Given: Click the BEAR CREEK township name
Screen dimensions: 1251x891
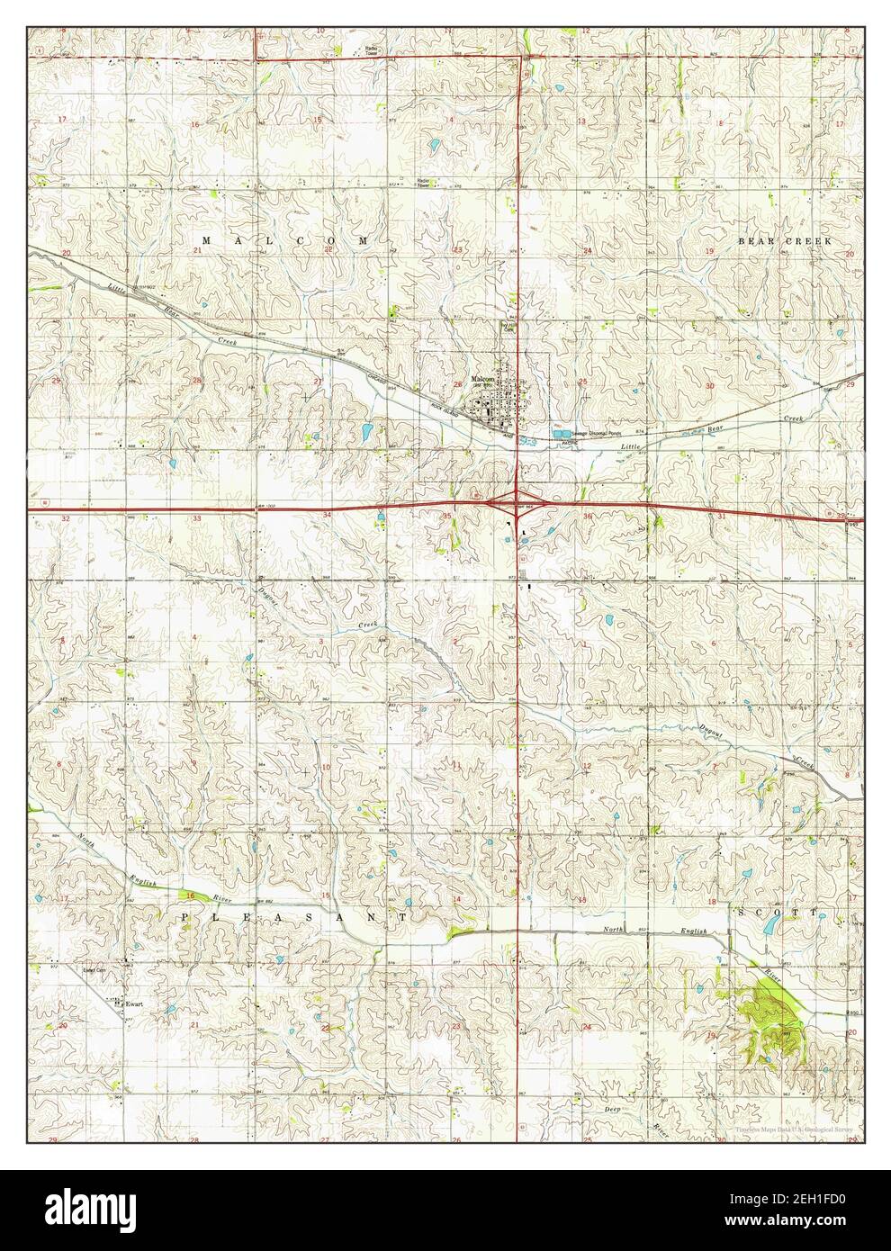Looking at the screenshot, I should click(785, 241).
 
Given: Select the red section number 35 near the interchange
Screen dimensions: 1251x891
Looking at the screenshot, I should click(447, 516).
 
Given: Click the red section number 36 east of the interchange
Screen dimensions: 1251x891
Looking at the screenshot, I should click(588, 516).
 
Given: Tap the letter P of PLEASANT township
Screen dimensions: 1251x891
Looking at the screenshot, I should click(186, 915).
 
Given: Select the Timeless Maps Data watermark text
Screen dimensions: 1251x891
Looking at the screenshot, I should click(794, 1129).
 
